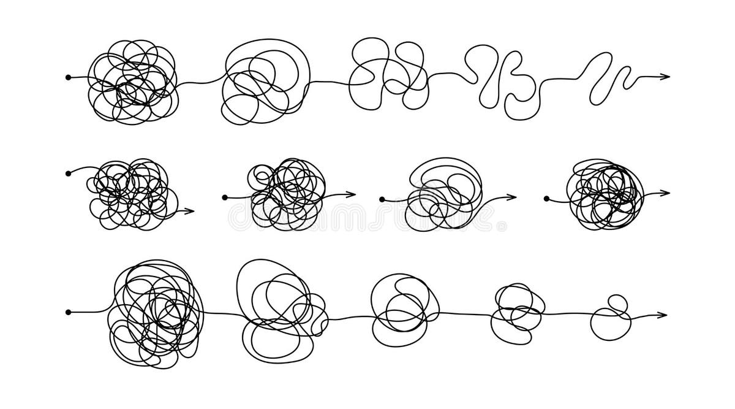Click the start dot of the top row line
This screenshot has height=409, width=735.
(x=68, y=77)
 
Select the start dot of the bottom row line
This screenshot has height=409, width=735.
(x=68, y=312)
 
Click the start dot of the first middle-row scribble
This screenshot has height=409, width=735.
(x=67, y=174)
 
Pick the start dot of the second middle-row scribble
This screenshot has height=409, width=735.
(x=225, y=197)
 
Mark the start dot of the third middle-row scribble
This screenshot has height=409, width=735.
(x=382, y=199)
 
